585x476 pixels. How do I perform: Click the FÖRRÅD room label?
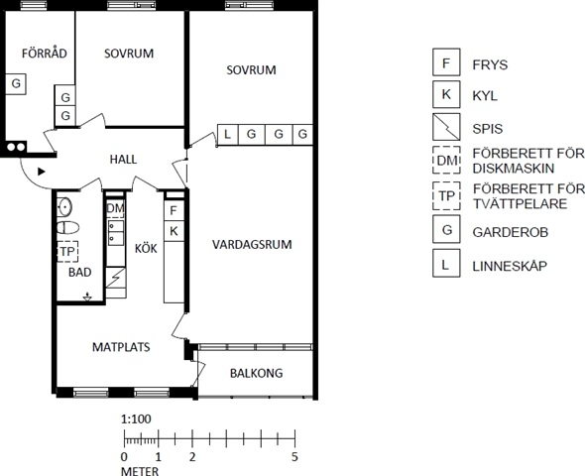point(45,54)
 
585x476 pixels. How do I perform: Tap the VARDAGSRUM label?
point(252,245)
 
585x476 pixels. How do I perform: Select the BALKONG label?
point(257,373)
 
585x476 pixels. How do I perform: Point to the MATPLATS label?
point(121,347)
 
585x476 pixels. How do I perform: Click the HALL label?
point(123,160)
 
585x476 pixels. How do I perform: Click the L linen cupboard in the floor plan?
point(228,134)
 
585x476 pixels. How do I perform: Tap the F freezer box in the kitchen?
point(174,211)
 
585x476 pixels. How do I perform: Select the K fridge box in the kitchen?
point(174,231)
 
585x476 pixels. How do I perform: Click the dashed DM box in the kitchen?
point(115,208)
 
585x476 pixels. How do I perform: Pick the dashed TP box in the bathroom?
point(67,252)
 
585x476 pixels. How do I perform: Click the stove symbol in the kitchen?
point(116,278)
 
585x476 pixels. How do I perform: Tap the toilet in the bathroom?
point(67,227)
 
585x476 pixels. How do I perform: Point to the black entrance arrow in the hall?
point(42,172)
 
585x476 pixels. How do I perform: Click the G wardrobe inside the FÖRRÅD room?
point(16,84)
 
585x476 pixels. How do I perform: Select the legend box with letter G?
point(446,229)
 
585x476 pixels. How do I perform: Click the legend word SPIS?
point(488,129)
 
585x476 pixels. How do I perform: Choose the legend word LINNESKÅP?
point(510,266)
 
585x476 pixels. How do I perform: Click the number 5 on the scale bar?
point(294,456)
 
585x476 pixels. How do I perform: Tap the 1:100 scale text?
point(136,418)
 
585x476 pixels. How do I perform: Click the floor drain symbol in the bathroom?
point(87,297)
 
